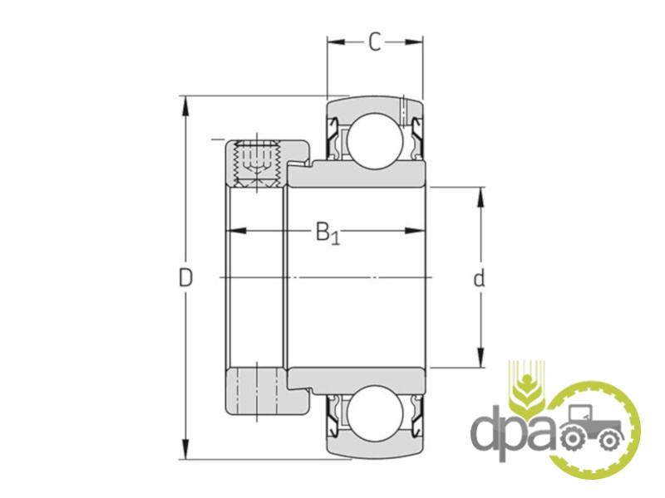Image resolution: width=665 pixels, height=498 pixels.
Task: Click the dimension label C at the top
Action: click(x=375, y=42)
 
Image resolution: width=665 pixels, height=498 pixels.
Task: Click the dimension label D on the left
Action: click(x=185, y=278)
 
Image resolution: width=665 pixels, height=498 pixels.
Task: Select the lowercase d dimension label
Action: click(x=479, y=278)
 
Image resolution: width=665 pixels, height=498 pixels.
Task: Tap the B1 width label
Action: click(x=328, y=232)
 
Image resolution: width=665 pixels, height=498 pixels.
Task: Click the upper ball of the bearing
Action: click(x=374, y=139)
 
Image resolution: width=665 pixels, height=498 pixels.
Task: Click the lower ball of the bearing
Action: click(x=374, y=412)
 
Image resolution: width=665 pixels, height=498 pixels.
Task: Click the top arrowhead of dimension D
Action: click(x=185, y=106)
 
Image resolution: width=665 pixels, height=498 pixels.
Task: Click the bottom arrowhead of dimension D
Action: click(x=185, y=449)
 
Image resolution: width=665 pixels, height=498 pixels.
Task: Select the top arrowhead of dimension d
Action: click(x=480, y=197)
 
